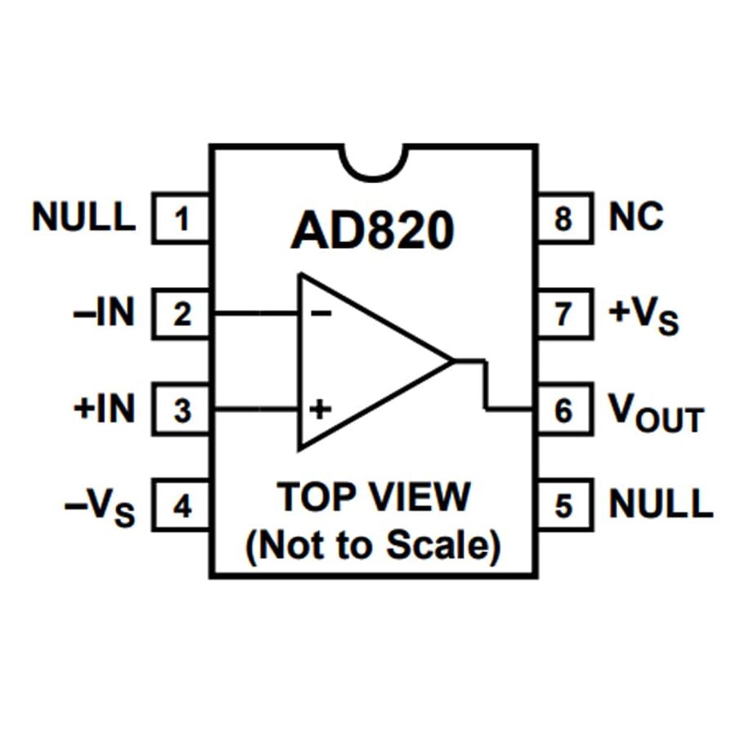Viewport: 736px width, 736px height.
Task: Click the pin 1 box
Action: (x=182, y=218)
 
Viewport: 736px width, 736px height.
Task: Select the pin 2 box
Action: (x=182, y=313)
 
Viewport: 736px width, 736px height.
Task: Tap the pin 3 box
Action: (x=182, y=410)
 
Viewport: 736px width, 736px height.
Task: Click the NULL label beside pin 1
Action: (x=83, y=218)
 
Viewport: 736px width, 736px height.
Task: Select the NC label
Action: (x=636, y=218)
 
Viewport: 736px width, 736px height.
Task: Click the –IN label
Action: (x=103, y=313)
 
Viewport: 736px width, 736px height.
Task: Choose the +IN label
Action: (x=103, y=409)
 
